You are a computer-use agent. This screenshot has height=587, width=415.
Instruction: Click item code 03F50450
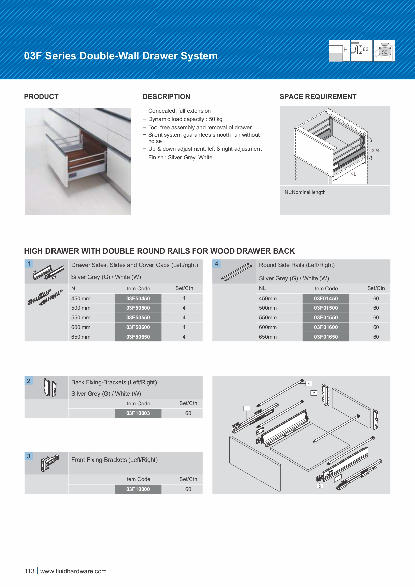tap(138, 298)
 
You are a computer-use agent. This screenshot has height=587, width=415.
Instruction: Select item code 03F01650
tap(326, 337)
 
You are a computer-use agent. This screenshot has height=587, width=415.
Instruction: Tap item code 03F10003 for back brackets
tap(138, 413)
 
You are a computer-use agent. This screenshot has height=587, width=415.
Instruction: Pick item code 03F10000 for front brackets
tap(138, 489)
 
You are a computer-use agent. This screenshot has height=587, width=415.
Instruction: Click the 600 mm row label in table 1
tap(81, 327)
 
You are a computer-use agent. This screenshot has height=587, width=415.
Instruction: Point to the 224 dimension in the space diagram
tap(375, 151)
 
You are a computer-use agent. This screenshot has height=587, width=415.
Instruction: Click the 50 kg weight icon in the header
tap(384, 51)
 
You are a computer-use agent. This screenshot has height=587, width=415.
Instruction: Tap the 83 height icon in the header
tap(361, 51)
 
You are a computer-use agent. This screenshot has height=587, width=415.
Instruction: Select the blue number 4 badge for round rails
tap(216, 264)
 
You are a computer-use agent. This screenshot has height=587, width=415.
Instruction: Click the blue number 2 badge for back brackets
tap(29, 381)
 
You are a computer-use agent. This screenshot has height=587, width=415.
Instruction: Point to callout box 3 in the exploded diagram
tap(320, 486)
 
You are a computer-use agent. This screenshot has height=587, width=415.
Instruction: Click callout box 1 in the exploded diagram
tap(247, 408)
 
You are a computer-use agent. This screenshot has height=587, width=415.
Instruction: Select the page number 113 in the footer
tap(29, 571)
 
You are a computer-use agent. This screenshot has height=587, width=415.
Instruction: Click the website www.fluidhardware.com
tap(74, 571)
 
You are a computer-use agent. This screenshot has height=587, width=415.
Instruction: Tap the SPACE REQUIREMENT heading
tap(318, 97)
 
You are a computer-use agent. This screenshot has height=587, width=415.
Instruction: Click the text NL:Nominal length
tap(305, 192)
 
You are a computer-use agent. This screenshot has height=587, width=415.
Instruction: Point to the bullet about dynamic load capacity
tap(185, 119)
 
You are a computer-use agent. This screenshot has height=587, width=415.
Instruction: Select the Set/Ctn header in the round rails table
tap(376, 288)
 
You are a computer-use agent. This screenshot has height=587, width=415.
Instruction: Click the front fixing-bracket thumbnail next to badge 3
tap(50, 463)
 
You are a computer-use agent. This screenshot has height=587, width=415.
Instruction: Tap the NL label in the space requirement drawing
tap(353, 174)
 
